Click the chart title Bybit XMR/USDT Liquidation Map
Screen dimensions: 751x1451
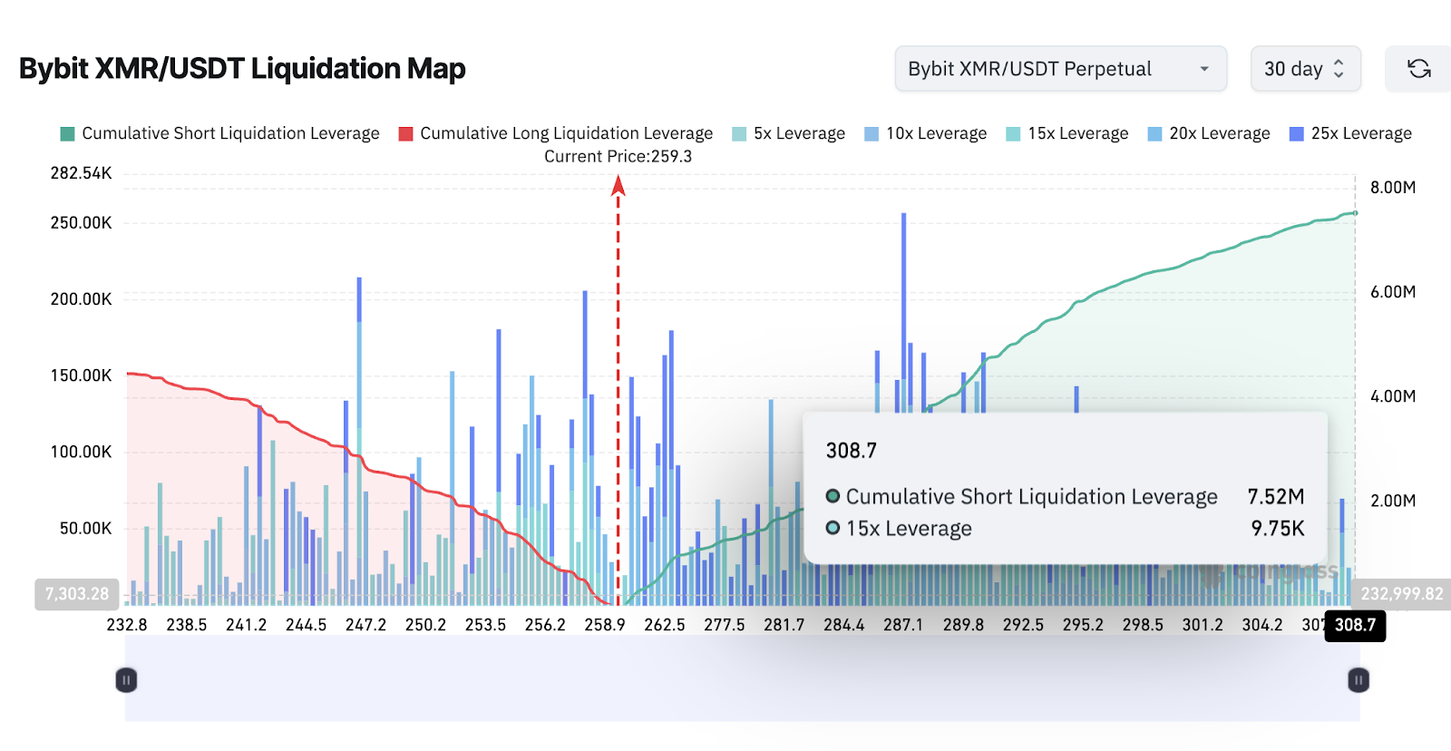click(x=242, y=69)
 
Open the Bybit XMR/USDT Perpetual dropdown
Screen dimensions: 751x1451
click(x=1060, y=69)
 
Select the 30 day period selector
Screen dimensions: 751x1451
click(x=1305, y=69)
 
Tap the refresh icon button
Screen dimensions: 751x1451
click(x=1418, y=69)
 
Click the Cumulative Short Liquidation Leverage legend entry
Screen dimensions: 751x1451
click(x=220, y=133)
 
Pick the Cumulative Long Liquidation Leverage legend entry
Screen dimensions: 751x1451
click(x=556, y=133)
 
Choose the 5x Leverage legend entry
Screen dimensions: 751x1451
click(x=788, y=133)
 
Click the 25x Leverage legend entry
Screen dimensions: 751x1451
click(x=1350, y=133)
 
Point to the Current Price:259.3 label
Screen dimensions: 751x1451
click(x=618, y=156)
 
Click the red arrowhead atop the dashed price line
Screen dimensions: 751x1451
click(x=618, y=185)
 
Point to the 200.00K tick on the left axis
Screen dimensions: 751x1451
click(x=82, y=299)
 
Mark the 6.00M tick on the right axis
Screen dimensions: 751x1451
click(x=1393, y=292)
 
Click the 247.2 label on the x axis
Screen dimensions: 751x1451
click(x=365, y=625)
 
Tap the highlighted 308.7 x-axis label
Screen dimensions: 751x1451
click(x=1355, y=625)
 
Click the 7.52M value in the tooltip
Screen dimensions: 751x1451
click(x=1275, y=496)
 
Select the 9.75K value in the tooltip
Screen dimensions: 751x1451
click(x=1277, y=528)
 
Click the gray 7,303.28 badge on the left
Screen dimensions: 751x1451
click(x=77, y=594)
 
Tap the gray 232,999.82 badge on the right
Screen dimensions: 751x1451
click(x=1401, y=594)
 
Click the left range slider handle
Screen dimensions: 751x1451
click(x=126, y=680)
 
